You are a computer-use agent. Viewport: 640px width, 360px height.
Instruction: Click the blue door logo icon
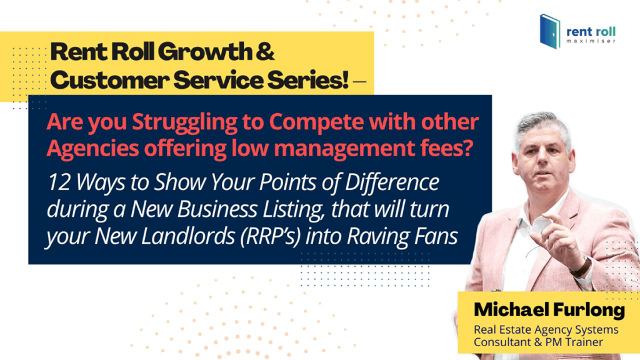coord(550,31)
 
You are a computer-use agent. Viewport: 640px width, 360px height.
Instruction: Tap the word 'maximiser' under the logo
coord(591,41)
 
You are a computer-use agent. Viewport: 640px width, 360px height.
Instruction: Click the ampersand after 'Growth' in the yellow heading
coord(265,51)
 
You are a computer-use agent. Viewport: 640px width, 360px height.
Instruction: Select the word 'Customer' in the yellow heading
coord(110,79)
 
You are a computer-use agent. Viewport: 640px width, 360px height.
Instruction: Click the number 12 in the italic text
coord(59,182)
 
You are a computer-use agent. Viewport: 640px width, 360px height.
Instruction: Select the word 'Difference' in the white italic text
coord(392,182)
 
